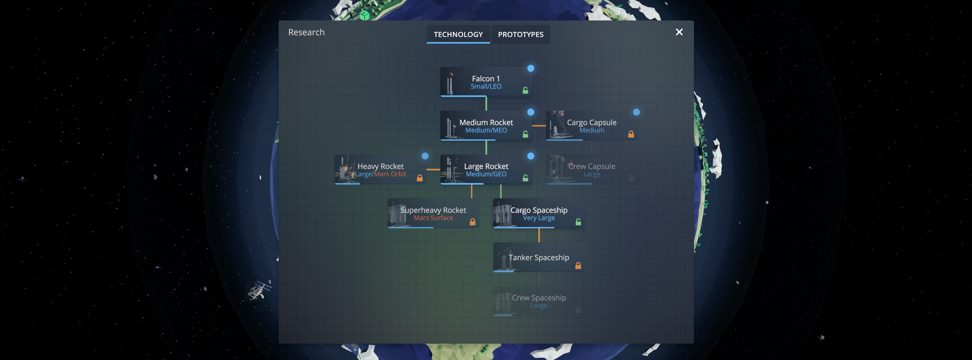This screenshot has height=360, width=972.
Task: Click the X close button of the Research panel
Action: pos(679,32)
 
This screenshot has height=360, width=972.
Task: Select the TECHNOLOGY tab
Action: pos(458,34)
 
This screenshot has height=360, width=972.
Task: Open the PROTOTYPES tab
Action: pos(520,34)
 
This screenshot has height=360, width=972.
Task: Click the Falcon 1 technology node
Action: pos(486,82)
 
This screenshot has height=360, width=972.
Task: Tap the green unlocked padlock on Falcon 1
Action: pos(525,90)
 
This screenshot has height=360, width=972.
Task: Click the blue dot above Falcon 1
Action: pos(530,68)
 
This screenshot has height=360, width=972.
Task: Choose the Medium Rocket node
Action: pos(486,126)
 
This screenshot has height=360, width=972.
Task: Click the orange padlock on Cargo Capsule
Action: pos(631,134)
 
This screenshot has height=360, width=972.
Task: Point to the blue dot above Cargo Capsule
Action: pos(636,112)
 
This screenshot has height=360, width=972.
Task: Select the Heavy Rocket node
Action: pos(380,169)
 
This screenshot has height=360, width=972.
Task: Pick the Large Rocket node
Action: pos(486,169)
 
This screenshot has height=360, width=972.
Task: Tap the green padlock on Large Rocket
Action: pos(525,178)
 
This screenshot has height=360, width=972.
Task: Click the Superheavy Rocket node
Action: pos(433,213)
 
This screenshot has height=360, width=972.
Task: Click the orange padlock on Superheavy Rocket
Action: pos(472,221)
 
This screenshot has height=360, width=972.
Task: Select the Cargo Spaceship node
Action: pos(539,213)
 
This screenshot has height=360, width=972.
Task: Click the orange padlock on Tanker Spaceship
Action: pos(578,265)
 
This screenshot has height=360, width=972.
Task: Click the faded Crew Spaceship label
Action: pos(539,298)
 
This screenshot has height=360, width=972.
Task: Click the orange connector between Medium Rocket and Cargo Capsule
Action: pos(539,126)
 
